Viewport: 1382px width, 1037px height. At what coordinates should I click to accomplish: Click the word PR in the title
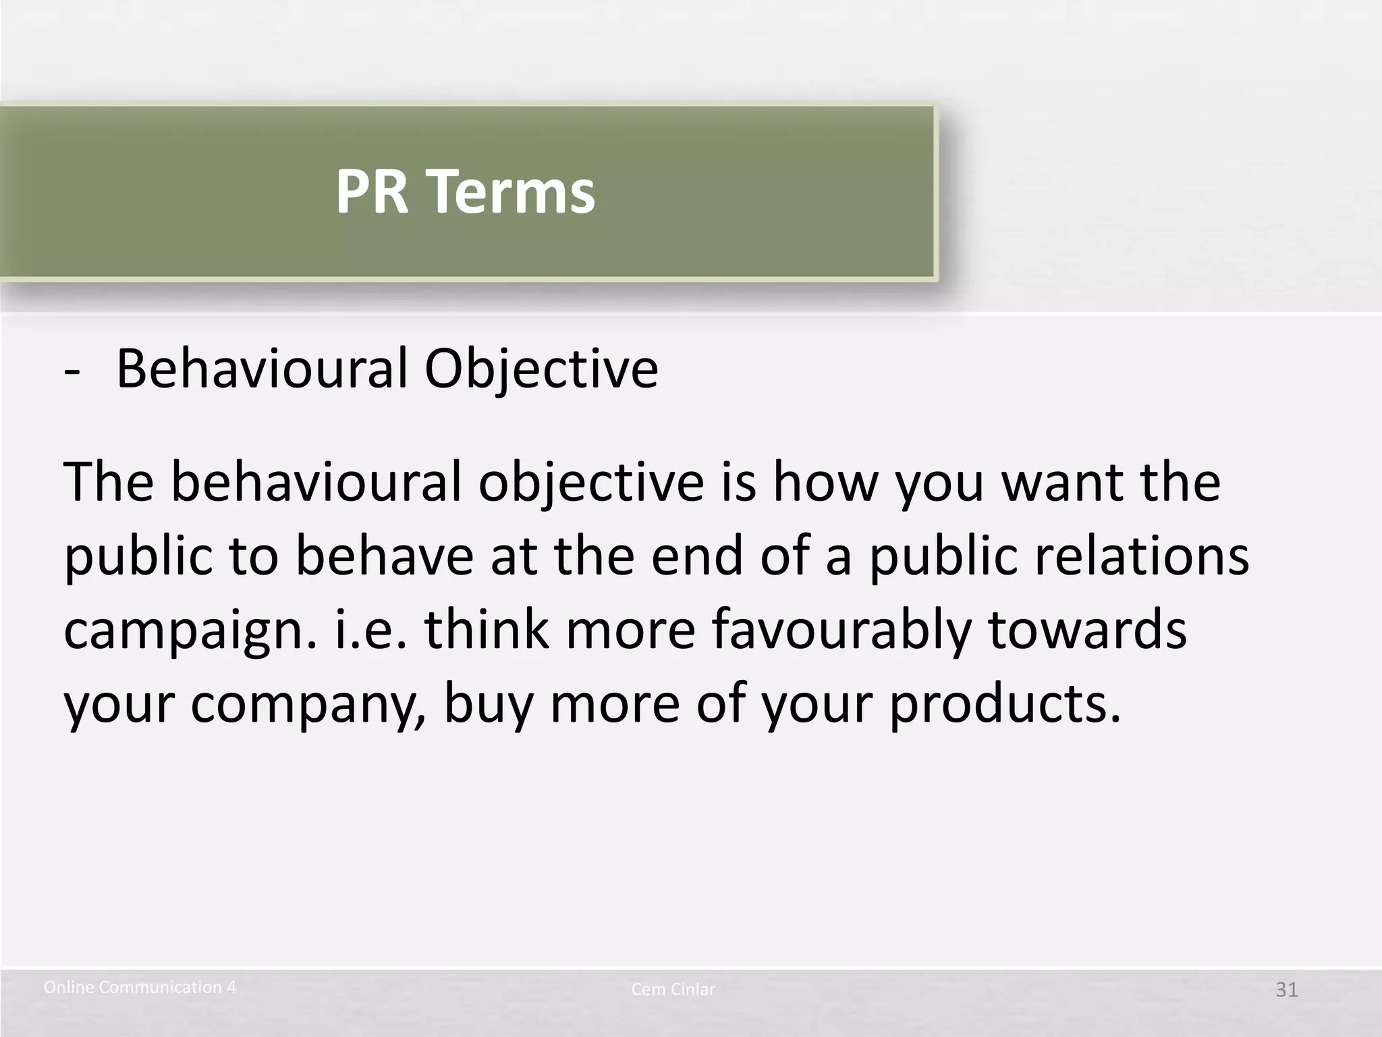[372, 192]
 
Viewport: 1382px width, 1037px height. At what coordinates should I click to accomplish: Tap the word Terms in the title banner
[513, 192]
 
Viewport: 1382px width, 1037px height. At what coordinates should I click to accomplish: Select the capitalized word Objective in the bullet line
[541, 370]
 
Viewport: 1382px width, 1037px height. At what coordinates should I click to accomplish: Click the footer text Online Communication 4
[140, 988]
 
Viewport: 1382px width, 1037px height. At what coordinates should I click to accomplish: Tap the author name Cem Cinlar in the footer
[673, 990]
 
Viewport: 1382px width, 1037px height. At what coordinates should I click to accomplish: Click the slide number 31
[1286, 990]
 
